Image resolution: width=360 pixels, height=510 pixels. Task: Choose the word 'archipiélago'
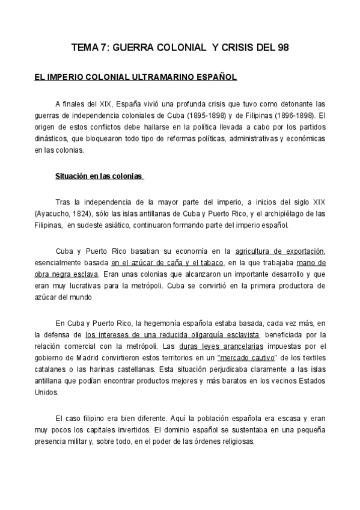click(293, 214)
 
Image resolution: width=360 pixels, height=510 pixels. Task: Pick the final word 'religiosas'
click(235, 441)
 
